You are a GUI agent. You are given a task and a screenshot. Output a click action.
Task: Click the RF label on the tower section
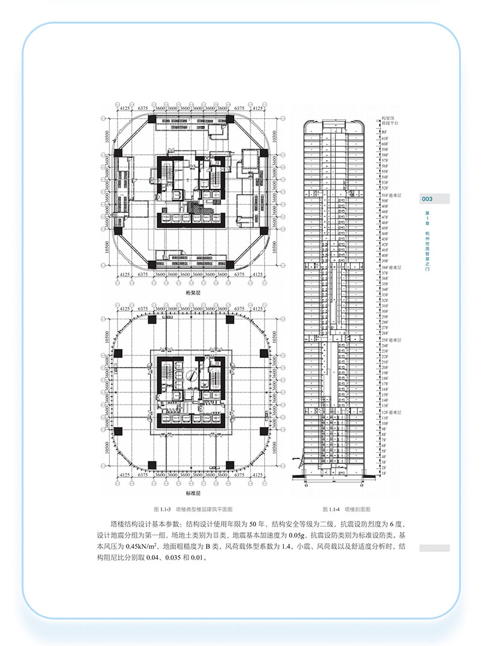(383, 131)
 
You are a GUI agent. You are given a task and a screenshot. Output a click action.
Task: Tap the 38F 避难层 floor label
(391, 267)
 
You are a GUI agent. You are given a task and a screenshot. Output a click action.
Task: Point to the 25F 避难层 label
(391, 340)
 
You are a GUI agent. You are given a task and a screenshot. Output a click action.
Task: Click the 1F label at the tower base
(383, 474)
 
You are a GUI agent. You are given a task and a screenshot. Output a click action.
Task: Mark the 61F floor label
(384, 138)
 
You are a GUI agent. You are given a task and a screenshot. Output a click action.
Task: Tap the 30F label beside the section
(384, 312)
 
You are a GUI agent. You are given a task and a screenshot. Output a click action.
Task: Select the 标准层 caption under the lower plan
(193, 494)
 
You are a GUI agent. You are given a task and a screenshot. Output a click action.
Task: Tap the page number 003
(427, 199)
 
